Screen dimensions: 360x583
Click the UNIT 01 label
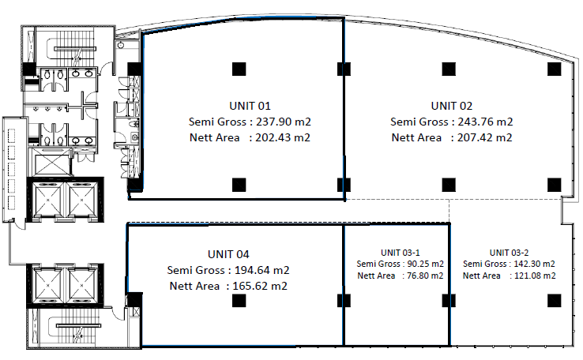coord(249,105)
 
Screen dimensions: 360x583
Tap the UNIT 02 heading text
coord(451,105)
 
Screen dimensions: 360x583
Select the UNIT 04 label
coord(228,254)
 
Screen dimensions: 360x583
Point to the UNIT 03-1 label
coord(400,252)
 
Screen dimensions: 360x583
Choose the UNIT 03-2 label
coord(509,252)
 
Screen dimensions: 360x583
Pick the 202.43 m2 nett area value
coord(282,137)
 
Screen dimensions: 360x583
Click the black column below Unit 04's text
coord(237,300)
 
